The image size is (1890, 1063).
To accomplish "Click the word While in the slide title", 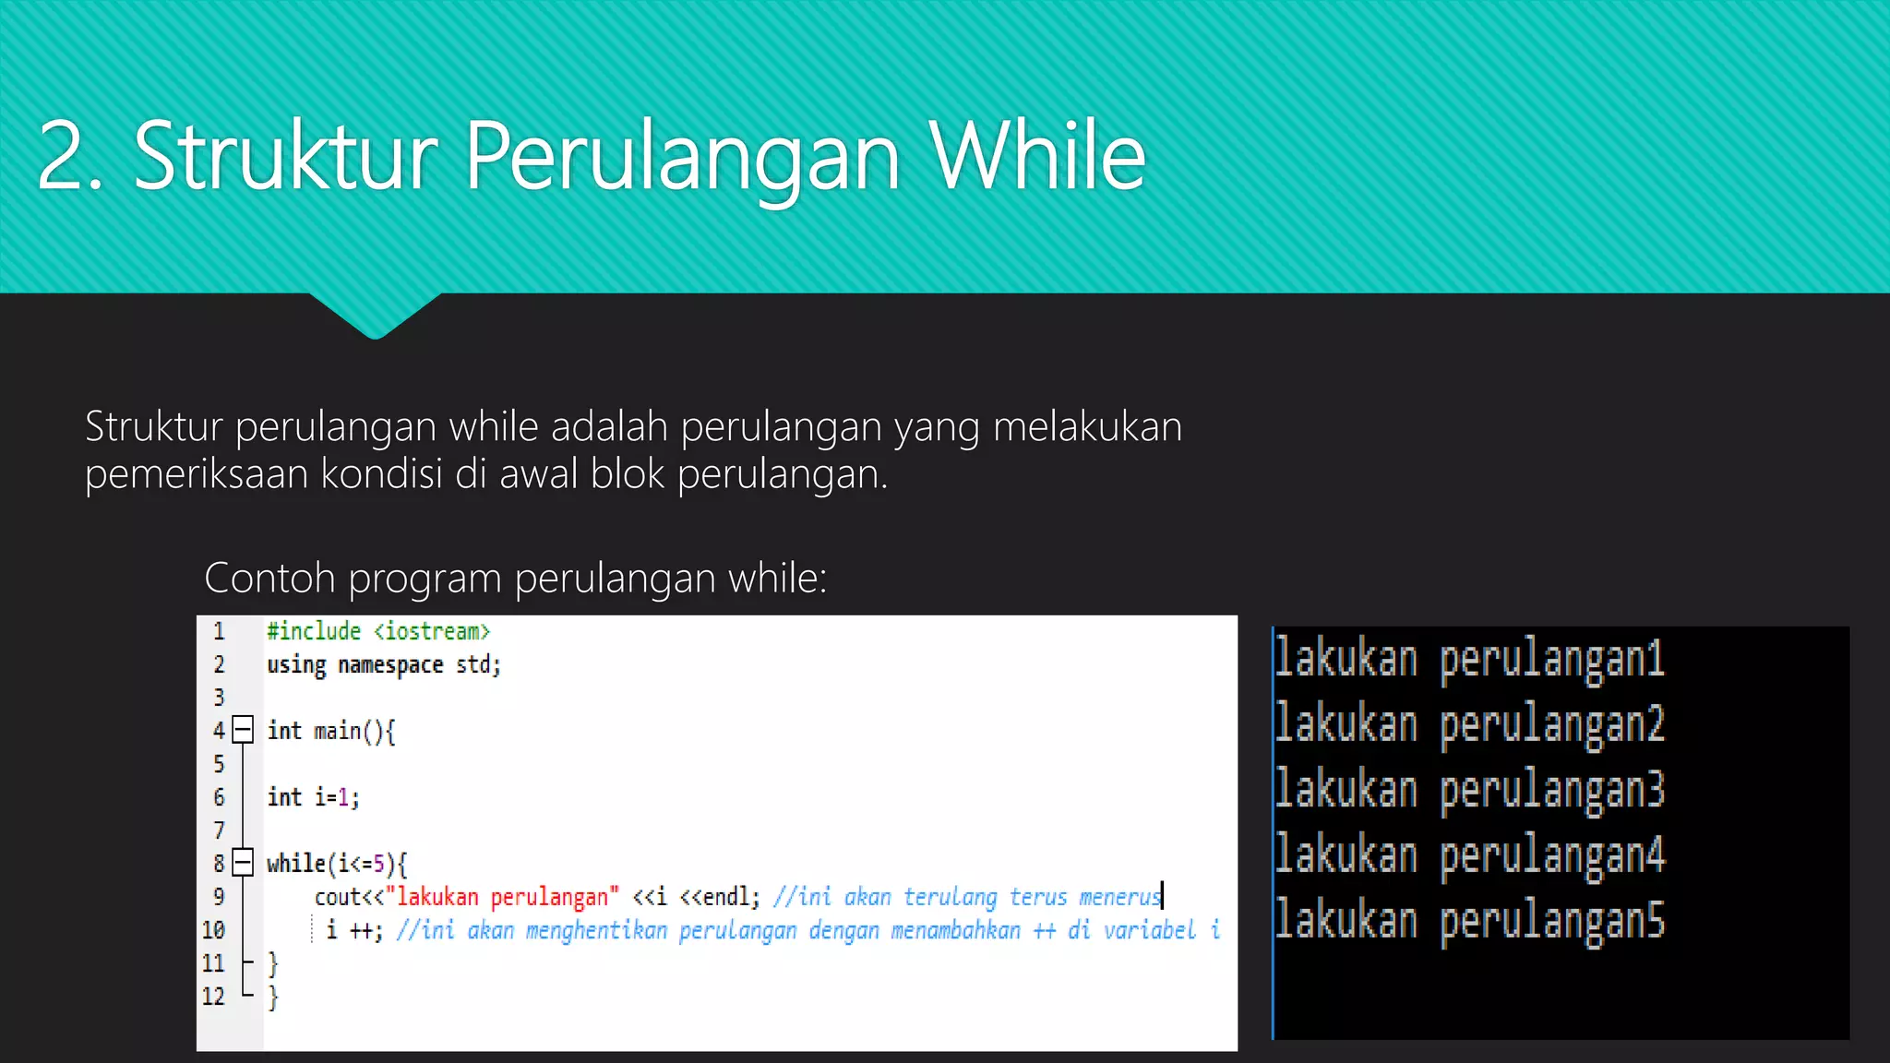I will [1037, 157].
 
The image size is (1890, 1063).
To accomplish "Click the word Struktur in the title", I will [285, 157].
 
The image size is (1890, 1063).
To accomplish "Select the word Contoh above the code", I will [269, 579].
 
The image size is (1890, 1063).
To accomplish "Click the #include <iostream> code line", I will [378, 632].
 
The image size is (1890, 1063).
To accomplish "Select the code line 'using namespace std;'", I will [384, 665].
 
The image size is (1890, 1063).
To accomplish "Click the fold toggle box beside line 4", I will [243, 731].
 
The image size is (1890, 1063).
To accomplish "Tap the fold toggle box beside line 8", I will [243, 863].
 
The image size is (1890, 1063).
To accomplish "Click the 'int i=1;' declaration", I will [313, 797].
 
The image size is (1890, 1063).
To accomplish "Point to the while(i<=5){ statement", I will [337, 864].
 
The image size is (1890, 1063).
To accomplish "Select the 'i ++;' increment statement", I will [354, 930].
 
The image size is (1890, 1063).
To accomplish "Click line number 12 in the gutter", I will [213, 997].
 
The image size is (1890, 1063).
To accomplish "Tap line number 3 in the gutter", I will [219, 698].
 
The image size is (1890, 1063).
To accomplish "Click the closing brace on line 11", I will [272, 963].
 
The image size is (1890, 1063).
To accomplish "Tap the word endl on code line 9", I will [727, 897].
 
